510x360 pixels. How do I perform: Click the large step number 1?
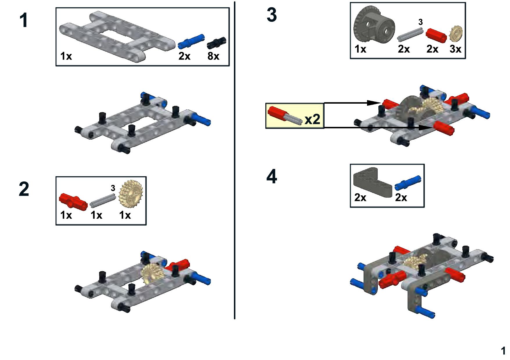coord(24,21)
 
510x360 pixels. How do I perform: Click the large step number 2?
coord(24,189)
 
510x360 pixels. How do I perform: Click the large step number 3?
coord(271,15)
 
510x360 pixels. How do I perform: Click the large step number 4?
coord(271,176)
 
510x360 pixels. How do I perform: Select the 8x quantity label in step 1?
coord(213,56)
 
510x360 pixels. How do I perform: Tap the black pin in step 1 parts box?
coord(216,43)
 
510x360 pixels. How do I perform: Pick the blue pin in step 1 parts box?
coord(191,41)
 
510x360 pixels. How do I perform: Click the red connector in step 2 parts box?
coord(73,201)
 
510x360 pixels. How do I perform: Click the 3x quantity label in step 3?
coord(455,49)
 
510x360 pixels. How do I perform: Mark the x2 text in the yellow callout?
coord(312,119)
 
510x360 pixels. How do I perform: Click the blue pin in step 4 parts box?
coord(407,183)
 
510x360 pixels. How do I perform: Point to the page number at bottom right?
coord(503,351)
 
